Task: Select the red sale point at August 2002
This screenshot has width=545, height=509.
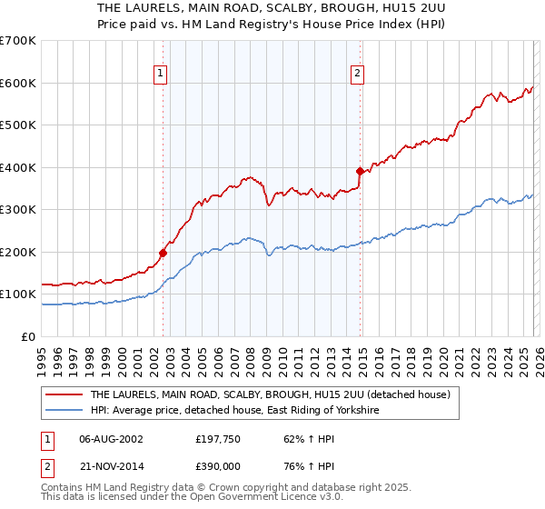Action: (x=163, y=253)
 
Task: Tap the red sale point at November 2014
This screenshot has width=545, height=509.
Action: (x=361, y=171)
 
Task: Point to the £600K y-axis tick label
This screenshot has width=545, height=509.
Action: (x=18, y=83)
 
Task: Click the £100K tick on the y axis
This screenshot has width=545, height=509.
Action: (x=18, y=294)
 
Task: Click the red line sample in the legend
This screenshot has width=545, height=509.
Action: (x=64, y=394)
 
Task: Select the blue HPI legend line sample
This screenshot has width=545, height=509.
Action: (x=64, y=411)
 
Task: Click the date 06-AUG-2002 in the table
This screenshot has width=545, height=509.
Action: (x=111, y=438)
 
